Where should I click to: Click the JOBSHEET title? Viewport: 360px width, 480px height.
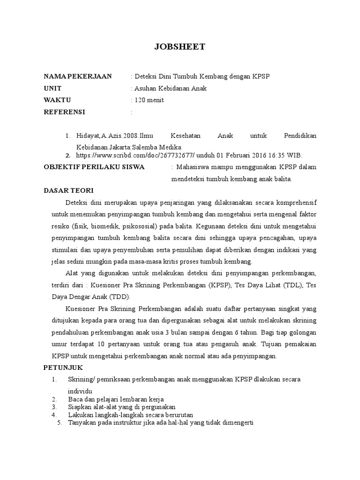click(x=180, y=47)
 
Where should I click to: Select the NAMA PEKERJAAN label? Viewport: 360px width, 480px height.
click(x=78, y=76)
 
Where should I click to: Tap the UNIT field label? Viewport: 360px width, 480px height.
click(x=52, y=88)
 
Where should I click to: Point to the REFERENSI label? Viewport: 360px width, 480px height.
click(x=64, y=112)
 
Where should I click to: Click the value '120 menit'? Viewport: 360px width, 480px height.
click(x=149, y=100)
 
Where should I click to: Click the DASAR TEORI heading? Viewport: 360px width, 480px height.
click(x=68, y=190)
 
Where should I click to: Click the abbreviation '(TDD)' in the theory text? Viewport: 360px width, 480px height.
click(x=120, y=297)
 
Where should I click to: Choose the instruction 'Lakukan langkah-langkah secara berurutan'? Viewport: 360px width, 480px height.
click(x=130, y=415)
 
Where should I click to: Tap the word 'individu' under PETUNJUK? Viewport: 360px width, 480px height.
click(x=80, y=391)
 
